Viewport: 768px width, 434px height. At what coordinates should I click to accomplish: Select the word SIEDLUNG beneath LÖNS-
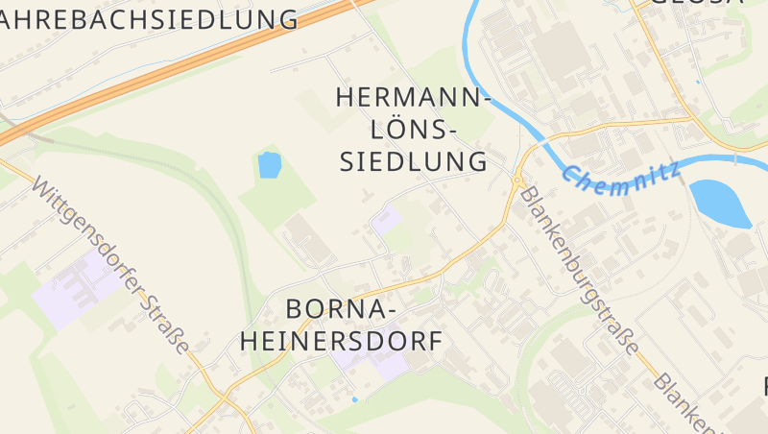click(415, 160)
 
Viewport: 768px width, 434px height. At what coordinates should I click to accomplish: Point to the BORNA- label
click(341, 309)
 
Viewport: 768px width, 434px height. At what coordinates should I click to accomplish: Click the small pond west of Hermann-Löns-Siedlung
click(269, 165)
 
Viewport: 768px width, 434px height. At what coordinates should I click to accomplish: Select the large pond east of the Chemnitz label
click(720, 202)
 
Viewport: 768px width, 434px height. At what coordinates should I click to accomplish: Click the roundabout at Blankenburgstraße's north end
click(517, 180)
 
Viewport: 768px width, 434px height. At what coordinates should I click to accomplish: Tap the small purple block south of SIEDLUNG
click(387, 220)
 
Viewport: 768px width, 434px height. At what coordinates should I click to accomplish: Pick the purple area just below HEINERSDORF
click(379, 364)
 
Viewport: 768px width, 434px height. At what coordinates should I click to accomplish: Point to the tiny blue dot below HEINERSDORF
click(354, 398)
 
